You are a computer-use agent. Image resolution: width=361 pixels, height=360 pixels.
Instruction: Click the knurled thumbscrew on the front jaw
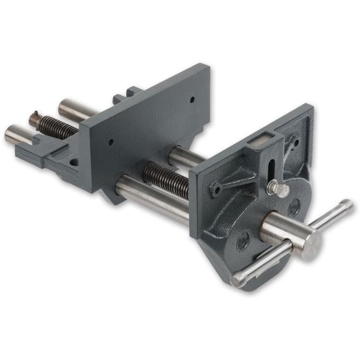pyautogui.click(x=277, y=188)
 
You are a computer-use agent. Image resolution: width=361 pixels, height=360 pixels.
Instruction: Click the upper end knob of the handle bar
pyautogui.click(x=346, y=207)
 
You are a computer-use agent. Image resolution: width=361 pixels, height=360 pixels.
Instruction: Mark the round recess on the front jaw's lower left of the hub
pyautogui.click(x=243, y=240)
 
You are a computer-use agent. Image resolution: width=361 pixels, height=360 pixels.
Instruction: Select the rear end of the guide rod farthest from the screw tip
pyautogui.click(x=67, y=106)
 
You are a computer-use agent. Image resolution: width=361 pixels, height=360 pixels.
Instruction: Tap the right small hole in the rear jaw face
pyautogui.click(x=192, y=101)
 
